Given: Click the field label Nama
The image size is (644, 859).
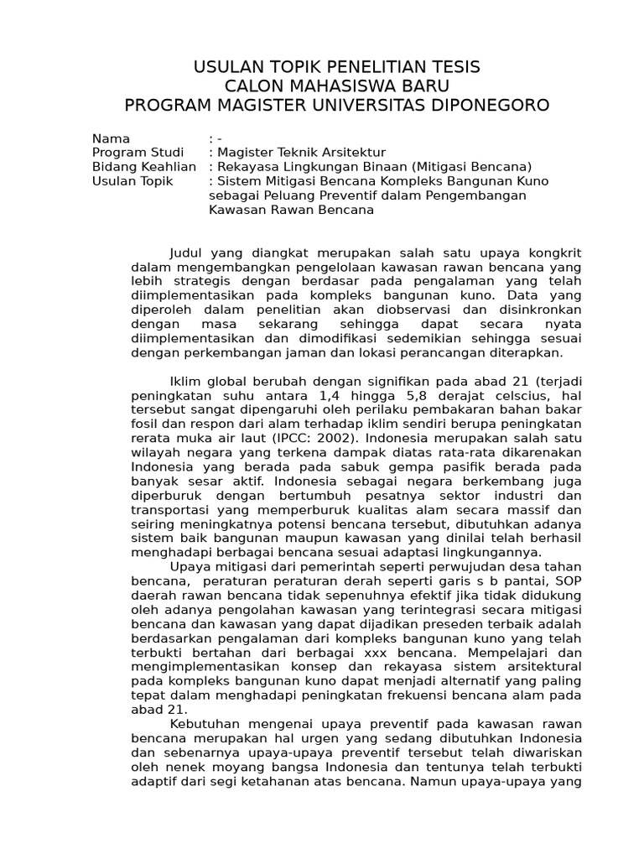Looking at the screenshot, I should point(112,138).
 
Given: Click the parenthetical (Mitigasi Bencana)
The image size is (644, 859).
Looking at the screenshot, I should point(473,167).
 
